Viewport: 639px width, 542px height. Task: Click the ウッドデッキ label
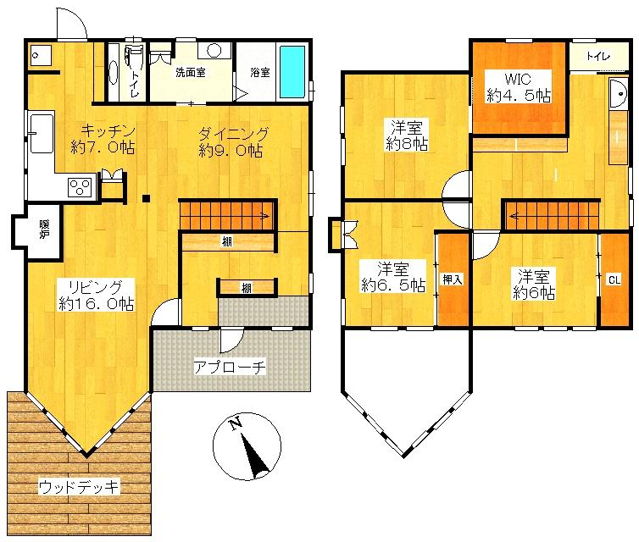click(80, 486)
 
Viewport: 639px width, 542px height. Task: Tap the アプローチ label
click(231, 367)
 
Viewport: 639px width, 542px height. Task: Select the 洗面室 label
click(191, 73)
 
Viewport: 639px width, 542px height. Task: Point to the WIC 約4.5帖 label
click(518, 88)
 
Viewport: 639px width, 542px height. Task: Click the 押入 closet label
click(452, 279)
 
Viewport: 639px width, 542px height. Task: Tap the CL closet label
click(614, 279)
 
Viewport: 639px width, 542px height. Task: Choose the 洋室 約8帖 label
click(407, 135)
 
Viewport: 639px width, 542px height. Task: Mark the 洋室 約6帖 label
click(534, 285)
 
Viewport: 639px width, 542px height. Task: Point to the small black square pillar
click(147, 199)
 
